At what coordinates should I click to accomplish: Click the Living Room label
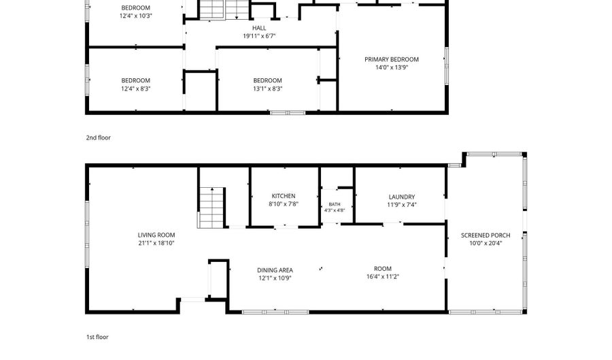coord(156,235)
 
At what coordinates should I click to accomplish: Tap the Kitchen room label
coord(284,196)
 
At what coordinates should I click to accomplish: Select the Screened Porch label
coord(486,235)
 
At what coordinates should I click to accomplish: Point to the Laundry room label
coord(402,197)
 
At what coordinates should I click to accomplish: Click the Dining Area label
coord(275,270)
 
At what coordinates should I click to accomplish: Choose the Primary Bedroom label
coord(392,59)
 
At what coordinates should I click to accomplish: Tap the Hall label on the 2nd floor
coord(259,28)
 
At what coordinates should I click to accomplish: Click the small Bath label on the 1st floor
coord(335,204)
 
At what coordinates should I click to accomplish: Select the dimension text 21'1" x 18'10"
coord(156,243)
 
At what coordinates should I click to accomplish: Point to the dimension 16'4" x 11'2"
coord(382,277)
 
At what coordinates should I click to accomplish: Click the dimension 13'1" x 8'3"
coord(267,88)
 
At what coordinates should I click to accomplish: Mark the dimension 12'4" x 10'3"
coord(135,16)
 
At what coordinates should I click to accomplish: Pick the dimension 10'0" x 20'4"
coord(486,243)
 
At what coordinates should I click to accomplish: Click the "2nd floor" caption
coord(99,138)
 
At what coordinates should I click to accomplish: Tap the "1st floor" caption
coord(97,337)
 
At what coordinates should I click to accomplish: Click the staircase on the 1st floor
coord(211,208)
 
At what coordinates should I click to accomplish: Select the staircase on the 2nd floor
coord(224,10)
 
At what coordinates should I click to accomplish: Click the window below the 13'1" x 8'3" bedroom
coord(288,113)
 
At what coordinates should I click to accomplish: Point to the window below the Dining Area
coord(275,312)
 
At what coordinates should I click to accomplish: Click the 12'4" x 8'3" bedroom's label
coord(135,81)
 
